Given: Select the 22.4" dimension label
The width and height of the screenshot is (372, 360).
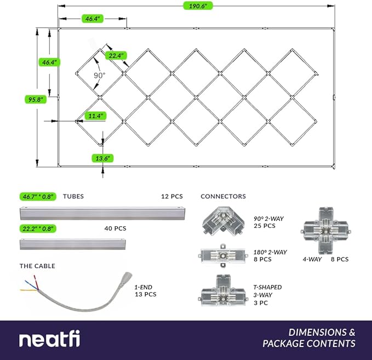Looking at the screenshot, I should [x=117, y=55].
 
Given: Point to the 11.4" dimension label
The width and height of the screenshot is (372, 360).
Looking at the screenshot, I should [x=94, y=116].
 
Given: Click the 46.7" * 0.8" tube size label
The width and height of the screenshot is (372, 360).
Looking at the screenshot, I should [x=38, y=196].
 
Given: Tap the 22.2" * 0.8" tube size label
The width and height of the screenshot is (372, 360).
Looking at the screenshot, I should [x=38, y=228].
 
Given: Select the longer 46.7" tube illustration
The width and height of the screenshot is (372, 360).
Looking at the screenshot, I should [x=104, y=212].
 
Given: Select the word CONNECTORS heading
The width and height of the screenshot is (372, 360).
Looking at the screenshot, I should [x=223, y=196].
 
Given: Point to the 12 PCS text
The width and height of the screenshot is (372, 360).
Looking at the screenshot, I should [x=171, y=196].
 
